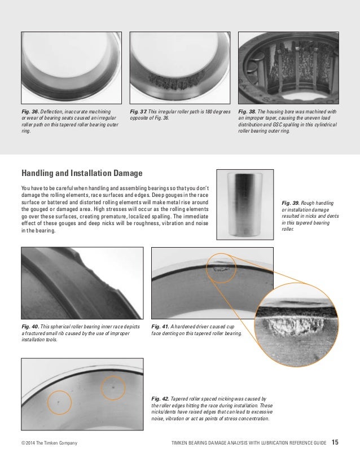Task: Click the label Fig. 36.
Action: (29, 112)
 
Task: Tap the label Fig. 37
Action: (138, 112)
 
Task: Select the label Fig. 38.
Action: (247, 112)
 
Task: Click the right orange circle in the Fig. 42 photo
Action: (113, 388)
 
